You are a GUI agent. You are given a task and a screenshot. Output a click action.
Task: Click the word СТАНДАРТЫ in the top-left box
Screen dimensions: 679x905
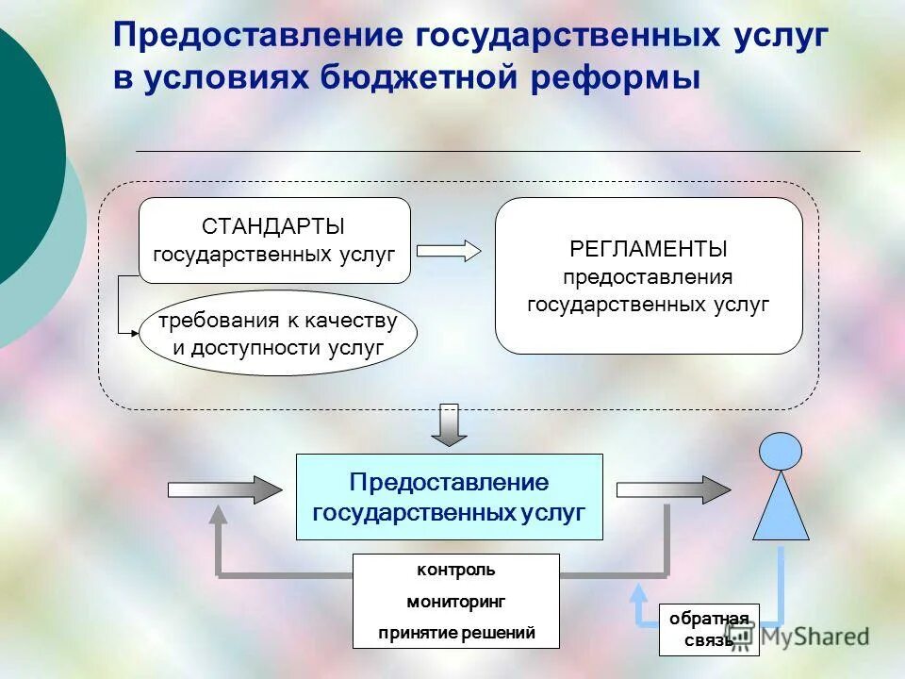[273, 226]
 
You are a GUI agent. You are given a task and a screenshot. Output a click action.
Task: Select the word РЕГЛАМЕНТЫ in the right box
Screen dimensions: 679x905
[649, 249]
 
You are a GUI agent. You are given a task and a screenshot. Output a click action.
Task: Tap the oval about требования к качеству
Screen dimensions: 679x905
[277, 333]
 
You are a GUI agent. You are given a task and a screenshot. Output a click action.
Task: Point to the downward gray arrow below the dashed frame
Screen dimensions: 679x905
[450, 426]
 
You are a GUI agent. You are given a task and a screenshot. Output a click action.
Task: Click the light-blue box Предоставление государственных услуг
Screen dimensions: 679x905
[449, 497]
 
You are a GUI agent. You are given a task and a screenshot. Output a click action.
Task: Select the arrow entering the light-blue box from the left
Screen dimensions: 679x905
[224, 489]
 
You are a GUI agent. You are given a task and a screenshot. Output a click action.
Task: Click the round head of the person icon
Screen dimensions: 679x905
[781, 451]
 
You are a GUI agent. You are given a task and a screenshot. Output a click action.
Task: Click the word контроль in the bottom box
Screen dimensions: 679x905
[455, 570]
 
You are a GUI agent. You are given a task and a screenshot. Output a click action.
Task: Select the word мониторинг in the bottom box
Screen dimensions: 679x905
[455, 601]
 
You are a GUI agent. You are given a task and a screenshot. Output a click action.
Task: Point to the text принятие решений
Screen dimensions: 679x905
[456, 633]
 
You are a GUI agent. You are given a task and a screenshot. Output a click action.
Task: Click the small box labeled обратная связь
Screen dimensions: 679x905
[708, 629]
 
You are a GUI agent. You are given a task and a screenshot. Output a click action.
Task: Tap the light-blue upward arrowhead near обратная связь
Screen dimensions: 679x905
[639, 594]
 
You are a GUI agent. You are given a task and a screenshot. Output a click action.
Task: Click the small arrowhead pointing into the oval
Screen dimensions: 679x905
[134, 332]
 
